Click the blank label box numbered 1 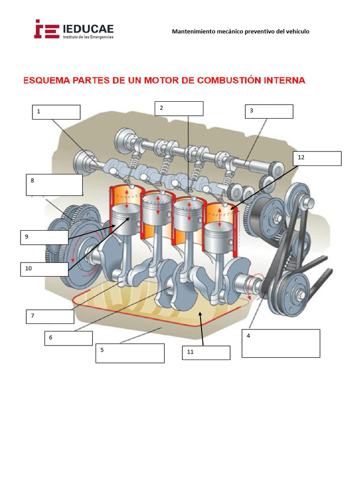pyautogui.click(x=56, y=112)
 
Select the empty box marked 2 pyautogui.click(x=179, y=108)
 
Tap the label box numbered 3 pyautogui.click(x=269, y=111)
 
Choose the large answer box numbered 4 pyautogui.click(x=281, y=343)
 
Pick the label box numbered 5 pyautogui.click(x=130, y=353)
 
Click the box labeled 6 pyautogui.click(x=68, y=338)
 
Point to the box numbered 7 pyautogui.click(x=50, y=316)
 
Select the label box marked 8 pyautogui.click(x=54, y=185)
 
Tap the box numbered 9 pyautogui.click(x=45, y=237)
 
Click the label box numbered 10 pyautogui.click(x=44, y=269)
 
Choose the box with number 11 pyautogui.click(x=206, y=352)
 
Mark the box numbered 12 pyautogui.click(x=317, y=158)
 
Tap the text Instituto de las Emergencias pyautogui.click(x=88, y=37)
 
